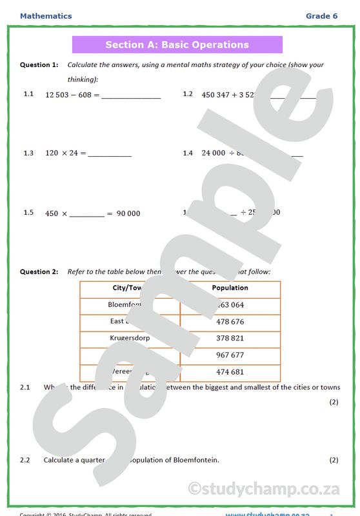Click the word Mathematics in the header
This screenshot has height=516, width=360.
(x=46, y=16)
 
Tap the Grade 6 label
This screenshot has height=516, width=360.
(x=321, y=16)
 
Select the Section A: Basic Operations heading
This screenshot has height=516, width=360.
(x=177, y=45)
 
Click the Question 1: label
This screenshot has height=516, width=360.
(x=39, y=65)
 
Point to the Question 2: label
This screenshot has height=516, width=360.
(x=39, y=272)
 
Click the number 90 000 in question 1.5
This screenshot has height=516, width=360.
(x=128, y=213)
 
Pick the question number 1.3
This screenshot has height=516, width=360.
(x=28, y=154)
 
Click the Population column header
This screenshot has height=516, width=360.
(x=230, y=288)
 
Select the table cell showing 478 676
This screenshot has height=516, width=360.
(x=230, y=322)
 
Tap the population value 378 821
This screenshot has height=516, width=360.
(x=230, y=339)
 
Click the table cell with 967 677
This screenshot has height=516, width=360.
(x=230, y=355)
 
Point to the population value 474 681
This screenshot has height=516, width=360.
(x=230, y=372)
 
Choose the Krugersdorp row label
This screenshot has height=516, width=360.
(x=130, y=337)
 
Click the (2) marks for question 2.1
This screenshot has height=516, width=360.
(x=334, y=402)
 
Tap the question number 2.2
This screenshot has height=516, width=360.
(x=25, y=461)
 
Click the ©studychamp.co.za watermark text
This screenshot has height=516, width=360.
(x=263, y=488)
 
